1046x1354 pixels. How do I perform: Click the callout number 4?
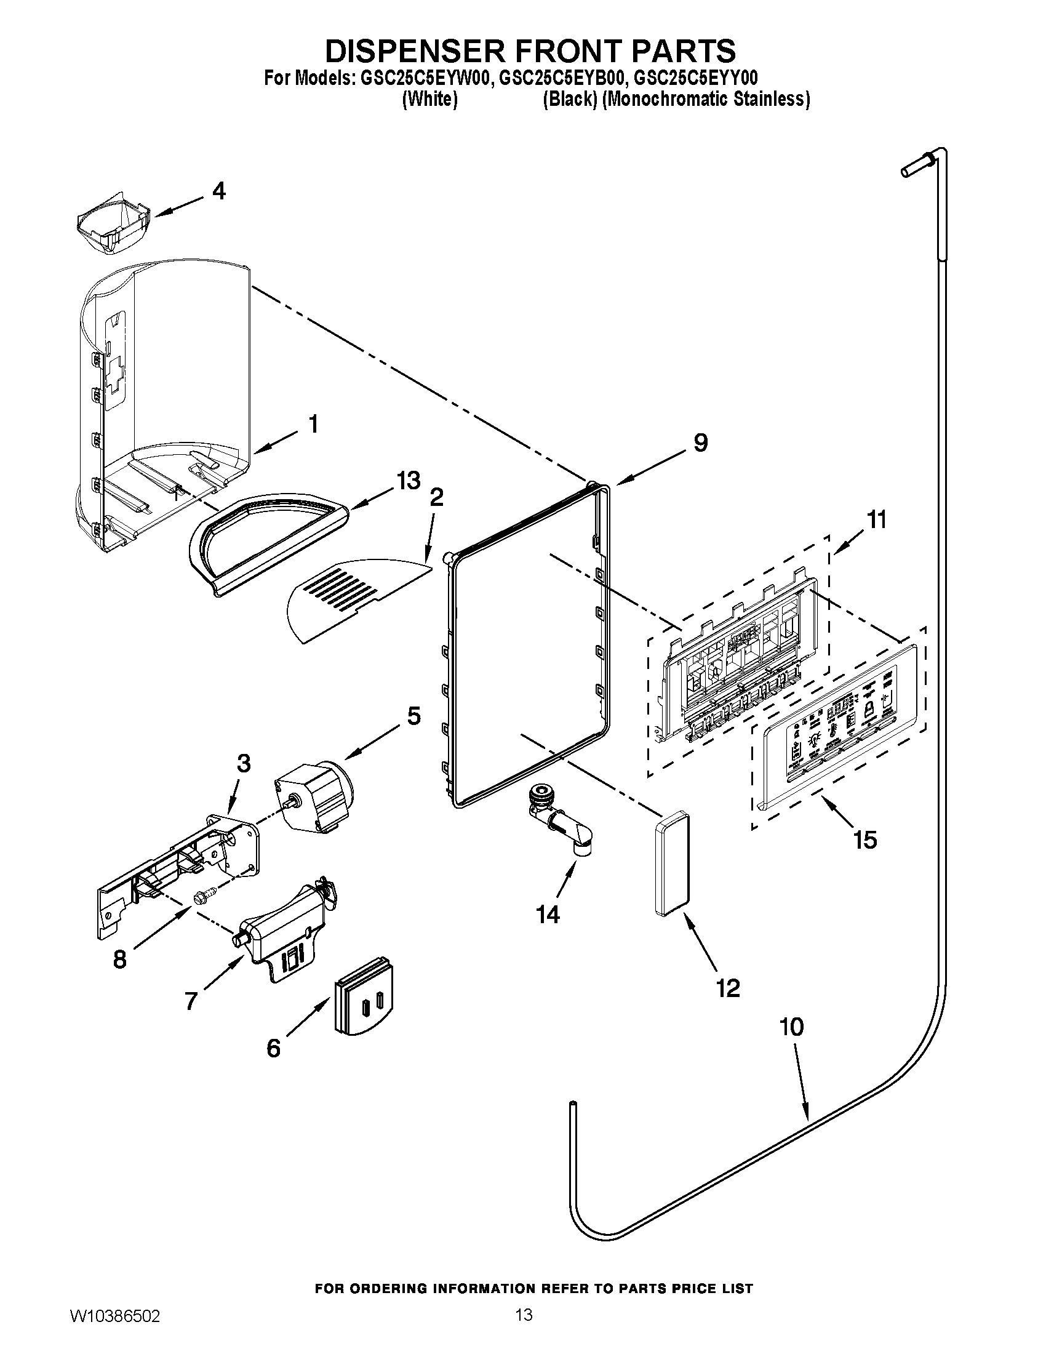coord(218,191)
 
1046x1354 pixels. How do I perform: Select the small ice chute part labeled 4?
coord(114,228)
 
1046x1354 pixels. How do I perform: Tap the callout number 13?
coord(409,481)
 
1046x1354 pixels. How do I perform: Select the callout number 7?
coord(191,1000)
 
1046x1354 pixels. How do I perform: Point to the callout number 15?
coord(864,840)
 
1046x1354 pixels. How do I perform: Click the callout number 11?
coord(876,519)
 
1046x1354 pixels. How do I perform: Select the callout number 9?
coord(700,443)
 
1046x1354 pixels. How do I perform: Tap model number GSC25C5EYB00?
coord(562,79)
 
